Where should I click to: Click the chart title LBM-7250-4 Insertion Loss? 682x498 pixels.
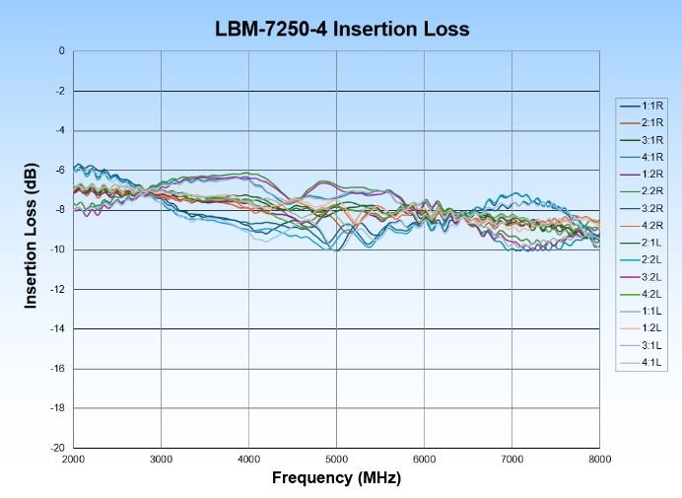click(x=342, y=29)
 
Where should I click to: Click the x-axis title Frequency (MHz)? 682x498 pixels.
click(x=336, y=478)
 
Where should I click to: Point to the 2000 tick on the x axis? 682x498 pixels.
click(x=73, y=460)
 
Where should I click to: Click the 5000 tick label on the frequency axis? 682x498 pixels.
click(x=336, y=460)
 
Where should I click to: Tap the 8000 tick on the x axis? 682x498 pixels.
click(x=599, y=460)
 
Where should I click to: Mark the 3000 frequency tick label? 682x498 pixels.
click(x=161, y=460)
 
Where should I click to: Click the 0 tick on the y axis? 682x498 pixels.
click(x=62, y=51)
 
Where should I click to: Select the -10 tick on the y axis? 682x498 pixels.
click(x=58, y=249)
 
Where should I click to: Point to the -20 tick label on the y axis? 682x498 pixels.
click(x=58, y=448)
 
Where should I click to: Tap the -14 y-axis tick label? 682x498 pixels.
click(x=58, y=329)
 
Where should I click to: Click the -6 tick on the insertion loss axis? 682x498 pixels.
click(x=60, y=171)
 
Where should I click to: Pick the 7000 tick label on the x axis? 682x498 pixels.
click(x=511, y=460)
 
